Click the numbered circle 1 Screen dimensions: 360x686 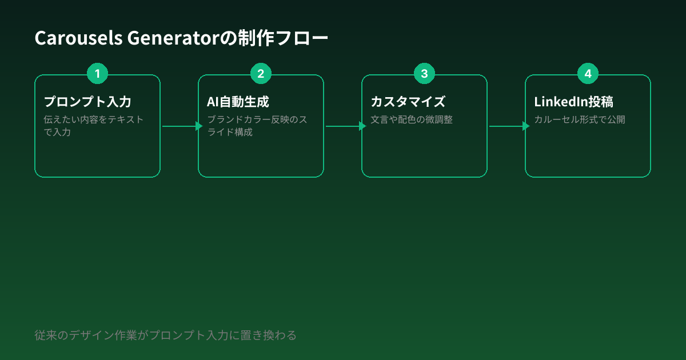(97, 74)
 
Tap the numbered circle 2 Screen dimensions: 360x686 (261, 74)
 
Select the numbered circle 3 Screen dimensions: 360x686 (424, 74)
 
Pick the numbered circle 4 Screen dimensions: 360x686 (588, 74)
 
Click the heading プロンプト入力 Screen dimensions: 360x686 (87, 102)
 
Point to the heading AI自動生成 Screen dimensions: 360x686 (238, 102)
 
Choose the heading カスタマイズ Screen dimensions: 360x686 (408, 102)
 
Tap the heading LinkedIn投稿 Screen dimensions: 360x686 (573, 102)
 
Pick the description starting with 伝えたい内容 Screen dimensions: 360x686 (94, 126)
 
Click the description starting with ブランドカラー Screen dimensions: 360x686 (257, 126)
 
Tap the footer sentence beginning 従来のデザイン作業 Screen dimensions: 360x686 (165, 335)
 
